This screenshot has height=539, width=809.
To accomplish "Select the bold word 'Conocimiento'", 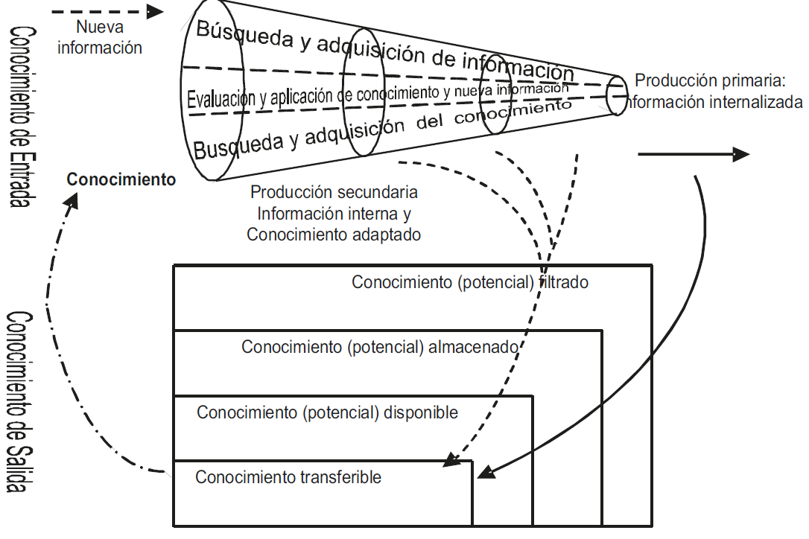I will [x=121, y=179].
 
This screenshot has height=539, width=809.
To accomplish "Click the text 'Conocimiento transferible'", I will [x=288, y=477].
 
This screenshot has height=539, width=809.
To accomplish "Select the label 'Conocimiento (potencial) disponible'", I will [x=328, y=412].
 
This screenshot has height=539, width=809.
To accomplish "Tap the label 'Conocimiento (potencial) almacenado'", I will [x=380, y=347].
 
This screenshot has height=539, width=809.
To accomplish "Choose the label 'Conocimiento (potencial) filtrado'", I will [x=470, y=283].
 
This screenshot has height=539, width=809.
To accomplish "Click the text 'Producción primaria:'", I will [x=711, y=80].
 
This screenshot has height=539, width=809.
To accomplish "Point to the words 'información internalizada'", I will [x=715, y=102].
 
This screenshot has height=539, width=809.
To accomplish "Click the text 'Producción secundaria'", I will [x=334, y=192].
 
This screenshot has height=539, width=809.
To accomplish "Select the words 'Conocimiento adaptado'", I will [x=334, y=234].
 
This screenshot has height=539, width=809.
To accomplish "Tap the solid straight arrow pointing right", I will [x=693, y=154].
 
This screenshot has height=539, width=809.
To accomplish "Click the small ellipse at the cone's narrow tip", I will [x=617, y=95].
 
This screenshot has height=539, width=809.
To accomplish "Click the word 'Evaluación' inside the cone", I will [x=222, y=99].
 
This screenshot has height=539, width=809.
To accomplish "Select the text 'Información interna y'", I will [x=334, y=213].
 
